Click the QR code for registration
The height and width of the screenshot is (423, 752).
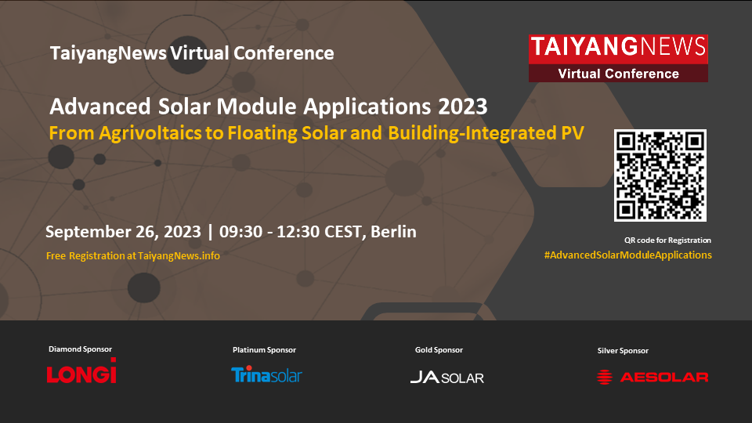660,175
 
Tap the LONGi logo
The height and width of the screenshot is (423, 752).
81,371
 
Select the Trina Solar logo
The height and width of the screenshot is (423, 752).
266,374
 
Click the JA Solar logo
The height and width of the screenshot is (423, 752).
447,378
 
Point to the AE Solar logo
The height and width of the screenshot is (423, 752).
653,377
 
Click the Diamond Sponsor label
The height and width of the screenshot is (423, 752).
80,349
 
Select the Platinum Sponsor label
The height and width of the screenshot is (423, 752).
264,350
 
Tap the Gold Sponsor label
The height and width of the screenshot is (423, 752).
439,350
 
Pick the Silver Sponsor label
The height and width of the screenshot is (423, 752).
623,351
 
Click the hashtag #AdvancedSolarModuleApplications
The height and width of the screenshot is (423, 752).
627,255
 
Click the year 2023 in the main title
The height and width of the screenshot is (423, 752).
463,107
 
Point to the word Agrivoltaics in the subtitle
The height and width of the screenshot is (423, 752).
150,133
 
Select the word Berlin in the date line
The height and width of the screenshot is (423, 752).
393,232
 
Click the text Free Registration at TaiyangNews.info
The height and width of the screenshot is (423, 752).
133,256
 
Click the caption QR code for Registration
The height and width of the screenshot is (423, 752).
667,240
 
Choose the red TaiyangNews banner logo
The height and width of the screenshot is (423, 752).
618,58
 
